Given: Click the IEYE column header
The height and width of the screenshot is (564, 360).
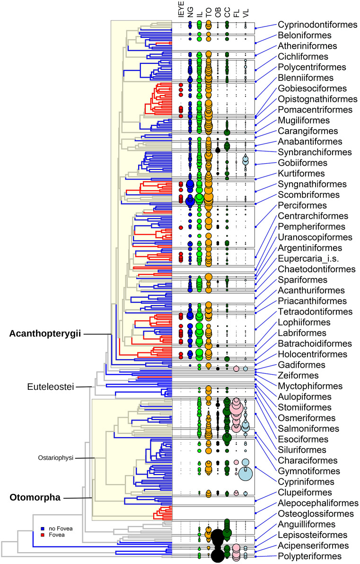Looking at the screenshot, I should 180,10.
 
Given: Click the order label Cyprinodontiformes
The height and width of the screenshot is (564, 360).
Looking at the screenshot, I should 316,25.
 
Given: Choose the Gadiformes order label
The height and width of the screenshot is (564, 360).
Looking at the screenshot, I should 301,365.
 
